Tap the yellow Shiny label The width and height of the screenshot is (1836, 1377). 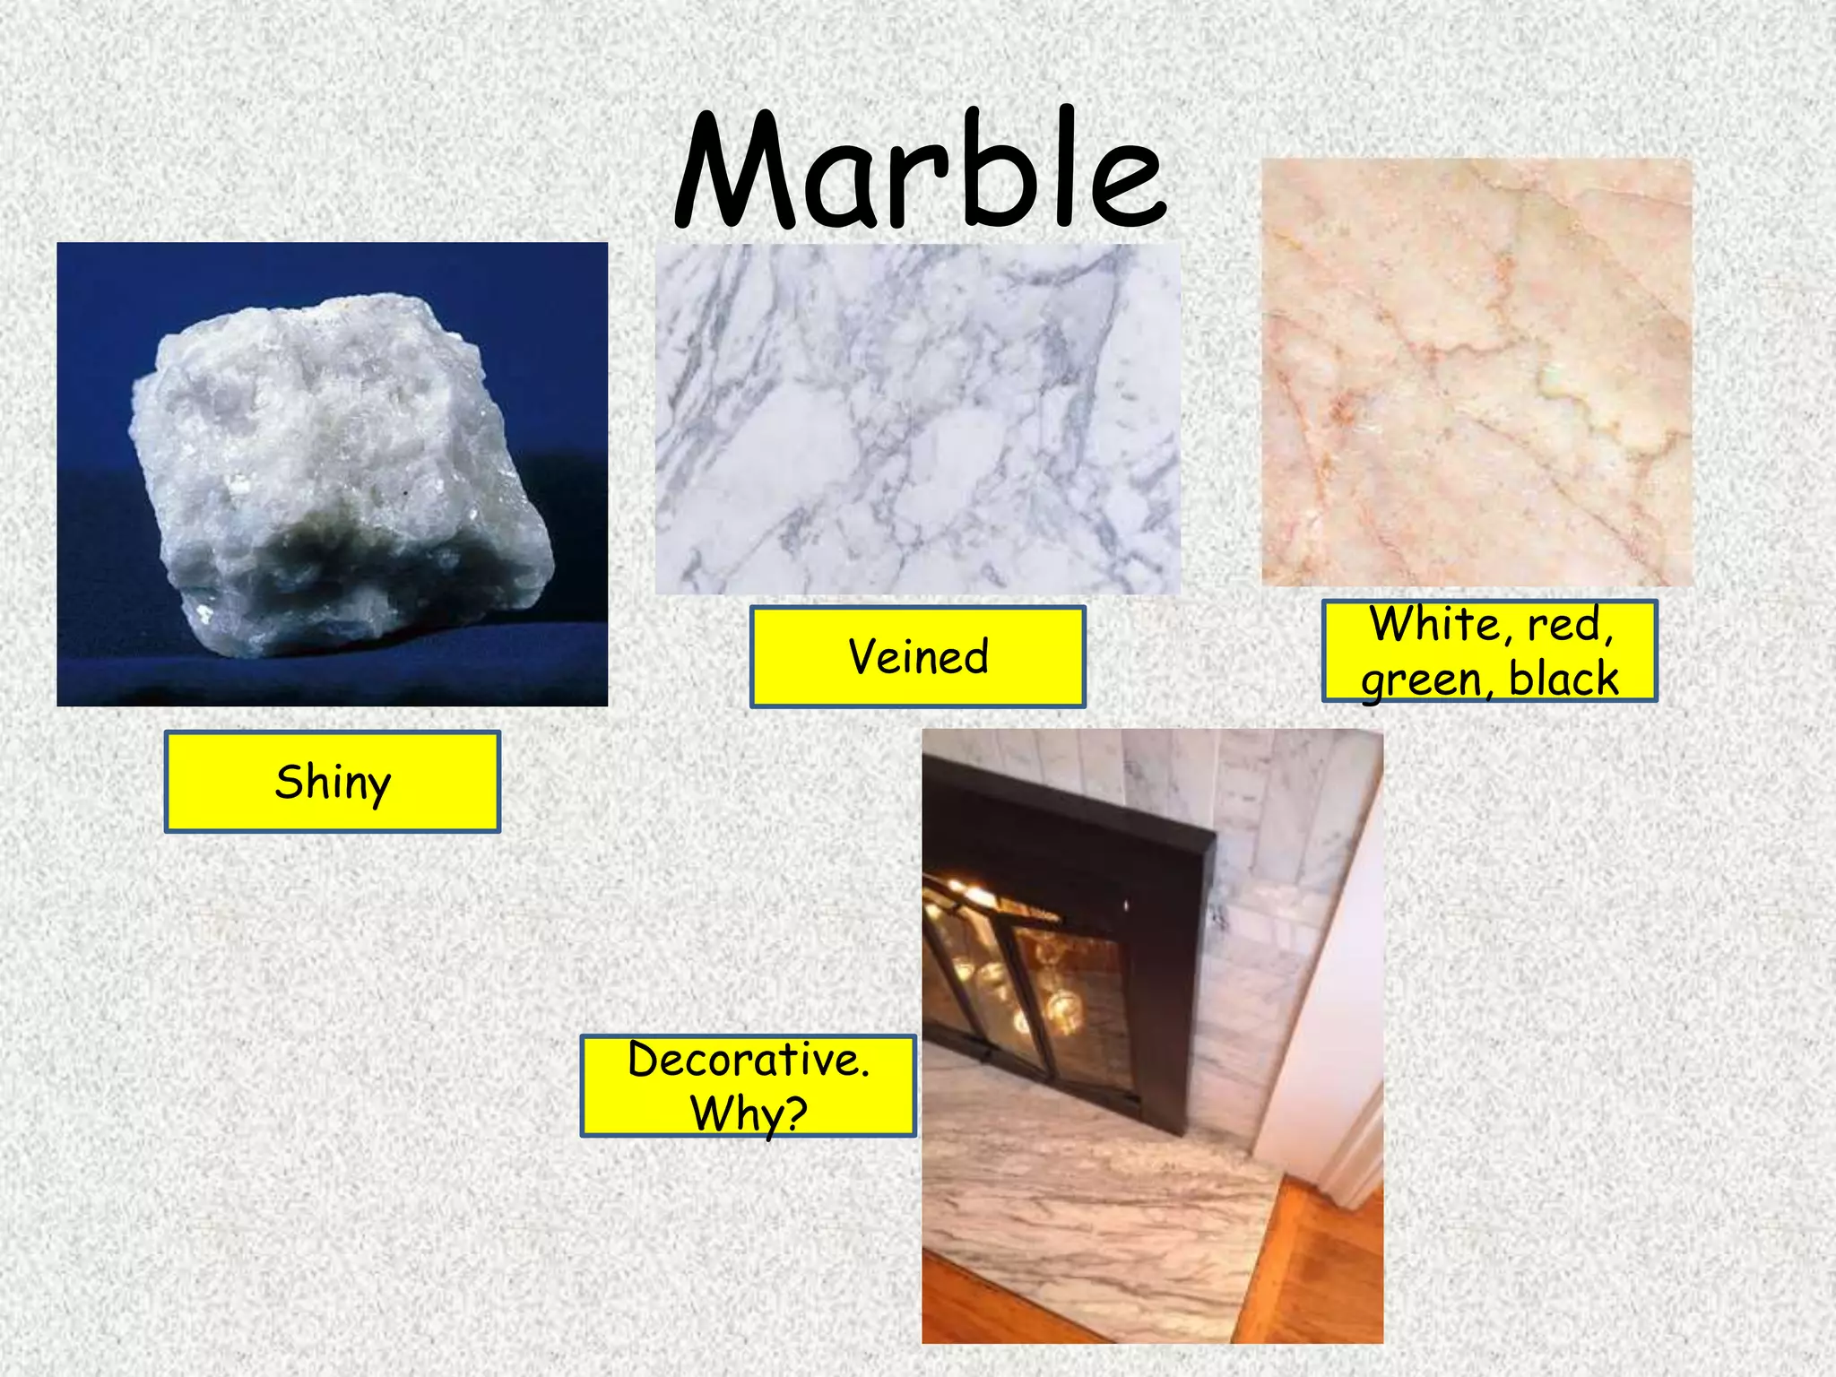[x=333, y=782]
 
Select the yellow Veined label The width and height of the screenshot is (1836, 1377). [x=918, y=657]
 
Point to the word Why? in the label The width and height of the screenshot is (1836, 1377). [x=749, y=1114]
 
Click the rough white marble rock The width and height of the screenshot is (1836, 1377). [x=332, y=448]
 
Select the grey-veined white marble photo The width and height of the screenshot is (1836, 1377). [x=918, y=419]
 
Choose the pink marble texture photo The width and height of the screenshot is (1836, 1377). [x=1477, y=372]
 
